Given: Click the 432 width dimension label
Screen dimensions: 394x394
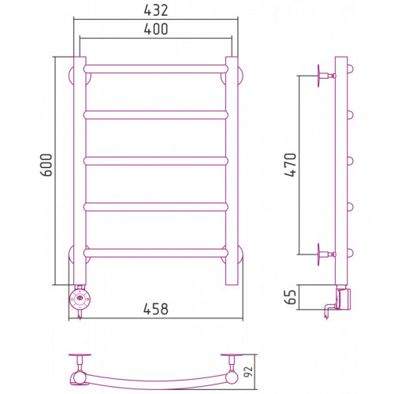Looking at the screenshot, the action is (156, 10).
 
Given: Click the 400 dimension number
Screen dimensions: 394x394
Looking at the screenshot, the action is (156, 29).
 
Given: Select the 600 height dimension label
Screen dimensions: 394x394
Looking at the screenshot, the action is (46, 165).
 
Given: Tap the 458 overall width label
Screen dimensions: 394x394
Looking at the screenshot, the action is (156, 309).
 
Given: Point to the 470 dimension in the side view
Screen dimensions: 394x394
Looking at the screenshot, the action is (290, 165).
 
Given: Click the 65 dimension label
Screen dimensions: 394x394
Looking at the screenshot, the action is (291, 297).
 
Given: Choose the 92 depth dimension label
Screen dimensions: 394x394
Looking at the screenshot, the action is (248, 371).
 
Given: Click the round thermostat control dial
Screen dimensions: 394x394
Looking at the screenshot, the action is (80, 299).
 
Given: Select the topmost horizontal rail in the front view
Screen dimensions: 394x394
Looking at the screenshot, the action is (156, 69).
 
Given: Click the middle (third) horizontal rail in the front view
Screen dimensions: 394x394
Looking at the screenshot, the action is (156, 161).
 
